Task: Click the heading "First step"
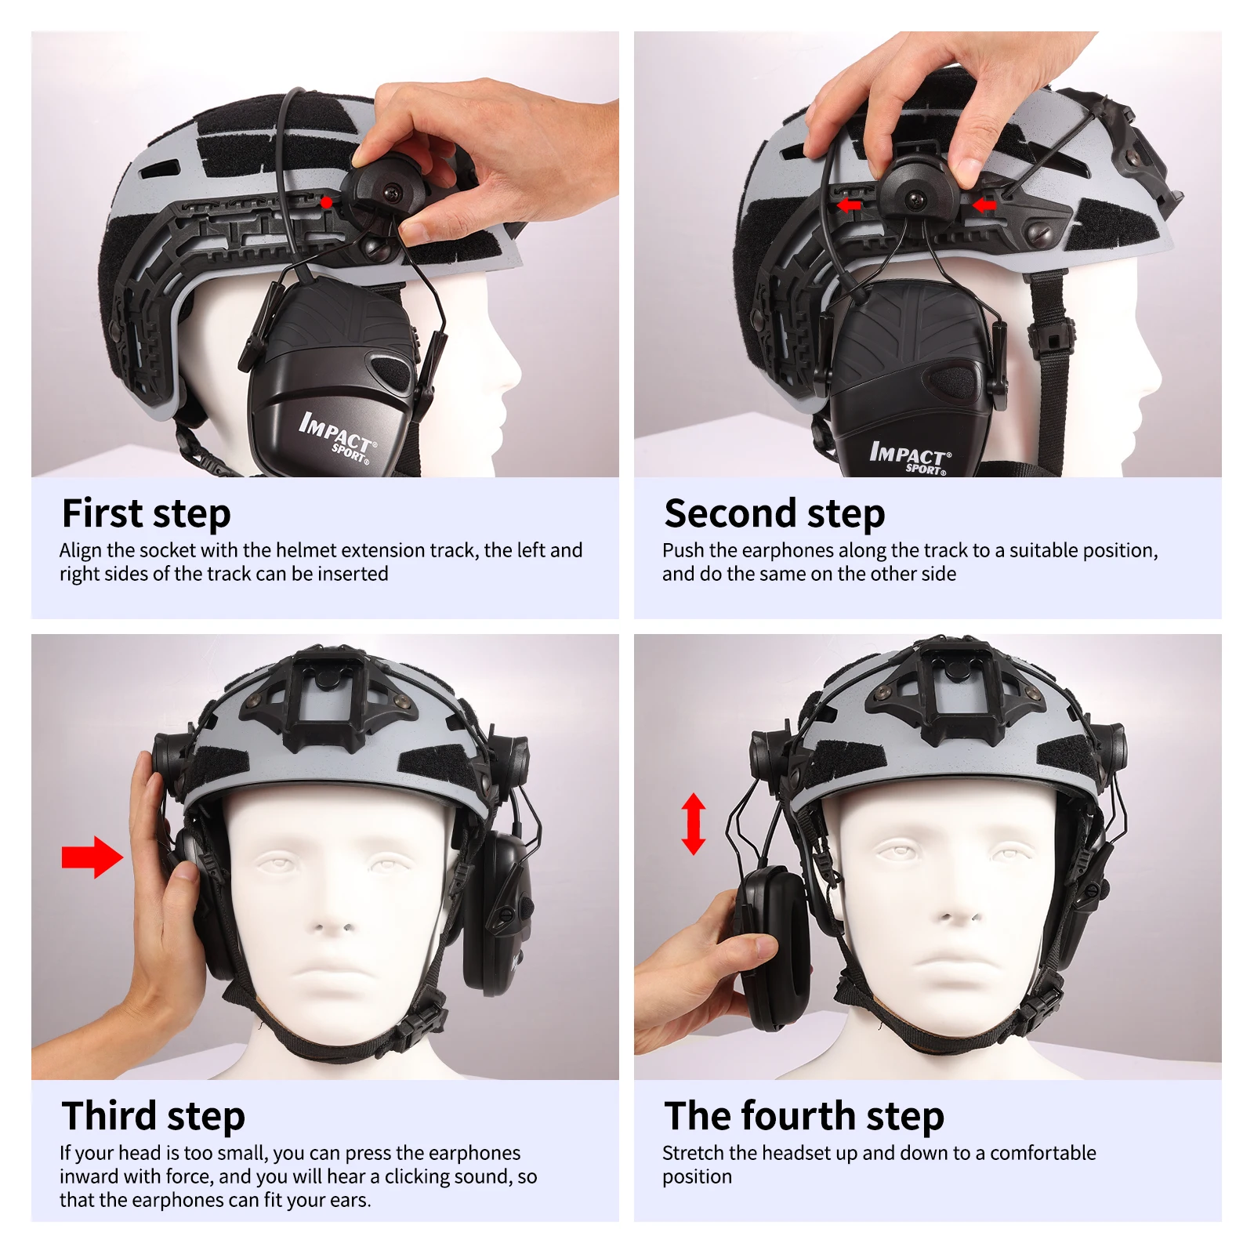click(146, 514)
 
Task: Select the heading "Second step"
click(774, 514)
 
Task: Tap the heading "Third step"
click(154, 1116)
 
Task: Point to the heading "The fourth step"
click(804, 1116)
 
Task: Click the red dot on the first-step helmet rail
click(326, 203)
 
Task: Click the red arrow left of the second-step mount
click(849, 205)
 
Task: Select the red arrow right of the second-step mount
click(984, 205)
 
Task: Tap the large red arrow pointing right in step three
click(92, 857)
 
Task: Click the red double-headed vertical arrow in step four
click(694, 823)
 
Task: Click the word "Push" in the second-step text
click(683, 550)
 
